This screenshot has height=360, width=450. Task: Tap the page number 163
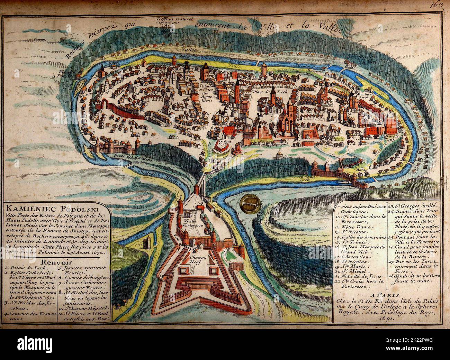438,5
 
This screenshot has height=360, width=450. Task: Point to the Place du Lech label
263,92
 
